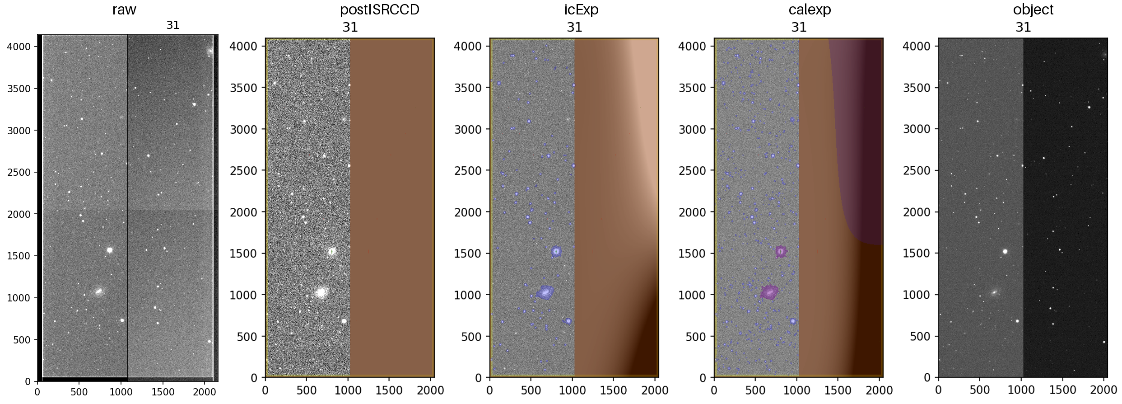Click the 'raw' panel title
[x=124, y=9]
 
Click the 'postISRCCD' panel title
[x=379, y=9]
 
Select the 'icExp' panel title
[x=582, y=9]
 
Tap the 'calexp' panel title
[x=810, y=9]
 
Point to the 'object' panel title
[x=1033, y=9]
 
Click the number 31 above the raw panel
[x=173, y=25]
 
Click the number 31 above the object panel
[x=1023, y=27]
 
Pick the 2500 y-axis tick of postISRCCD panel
[x=244, y=171]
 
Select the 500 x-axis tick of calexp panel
[x=755, y=390]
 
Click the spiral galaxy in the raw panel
[x=99, y=291]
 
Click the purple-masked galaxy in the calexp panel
[x=769, y=292]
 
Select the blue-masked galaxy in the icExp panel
[x=545, y=292]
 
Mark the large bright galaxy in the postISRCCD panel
[x=321, y=292]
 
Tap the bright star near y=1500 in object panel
[x=1005, y=251]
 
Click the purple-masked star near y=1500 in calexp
[x=781, y=251]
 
